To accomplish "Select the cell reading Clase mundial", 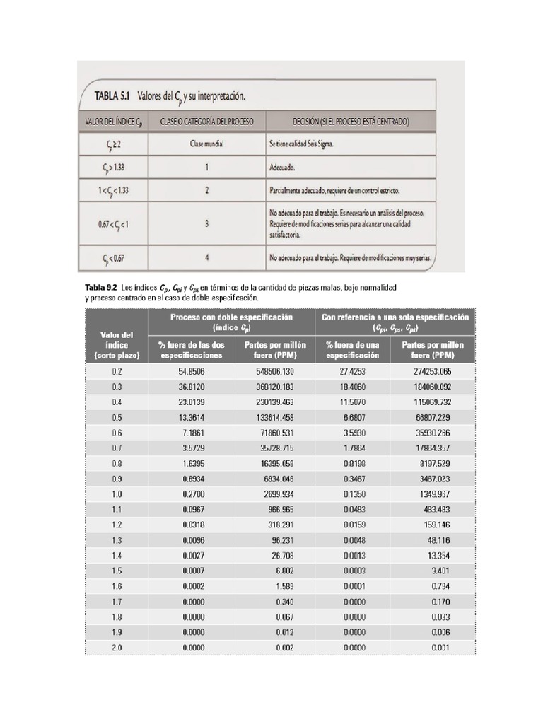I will pyautogui.click(x=207, y=144).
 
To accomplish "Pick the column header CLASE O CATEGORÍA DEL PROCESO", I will pyautogui.click(x=207, y=121).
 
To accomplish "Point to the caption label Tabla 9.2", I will pyautogui.click(x=101, y=288).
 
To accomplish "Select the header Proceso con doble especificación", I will pyautogui.click(x=231, y=322).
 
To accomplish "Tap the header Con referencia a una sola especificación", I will pyautogui.click(x=395, y=322).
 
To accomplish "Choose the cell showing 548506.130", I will pyautogui.click(x=272, y=371).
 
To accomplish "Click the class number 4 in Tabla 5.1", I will pyautogui.click(x=206, y=257).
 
